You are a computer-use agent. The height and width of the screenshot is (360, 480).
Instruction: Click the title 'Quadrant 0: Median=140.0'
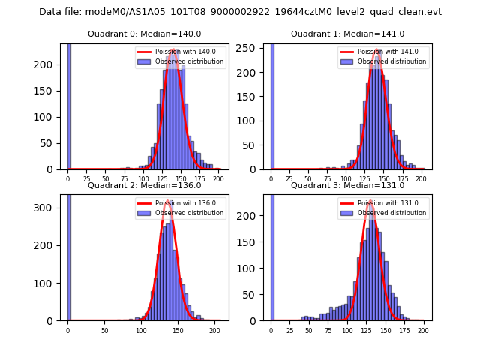coord(144,34)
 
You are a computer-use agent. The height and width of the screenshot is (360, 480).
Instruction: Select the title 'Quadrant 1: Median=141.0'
coord(347,34)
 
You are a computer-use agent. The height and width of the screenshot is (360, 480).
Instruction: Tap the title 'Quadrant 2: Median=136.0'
coord(144,185)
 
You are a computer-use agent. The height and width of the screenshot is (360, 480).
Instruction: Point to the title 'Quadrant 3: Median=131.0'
coord(347,185)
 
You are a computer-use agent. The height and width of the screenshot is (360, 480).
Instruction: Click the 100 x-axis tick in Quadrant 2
coord(141,330)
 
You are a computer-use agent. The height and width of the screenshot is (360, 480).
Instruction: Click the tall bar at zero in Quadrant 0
coord(68,105)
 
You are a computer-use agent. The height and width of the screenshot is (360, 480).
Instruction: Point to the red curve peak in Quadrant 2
coord(168,200)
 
